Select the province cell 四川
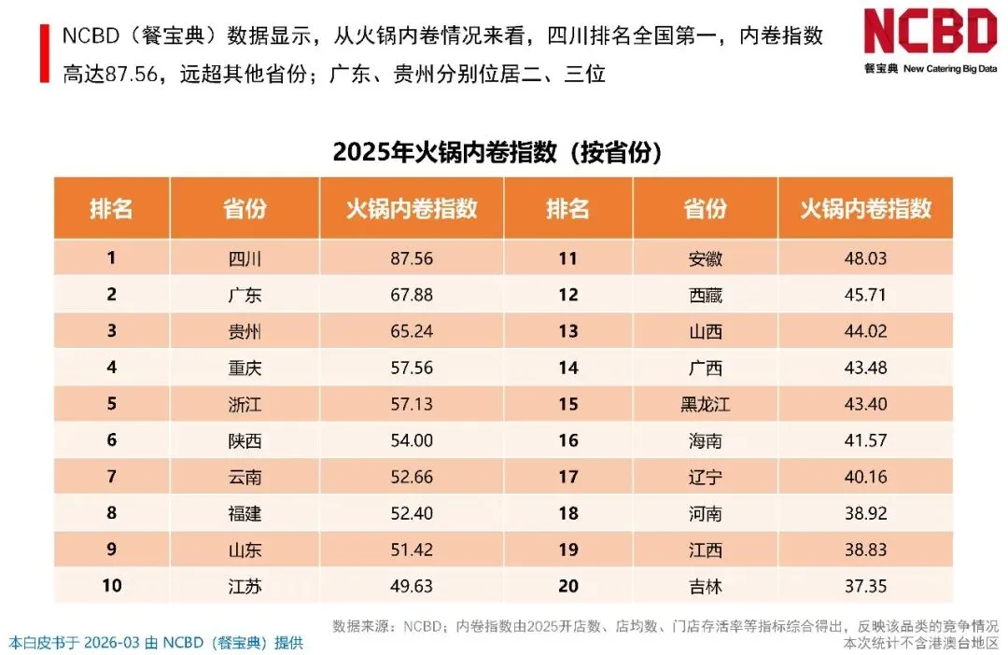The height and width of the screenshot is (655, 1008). tap(245, 258)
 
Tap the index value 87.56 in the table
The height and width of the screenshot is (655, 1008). tap(412, 258)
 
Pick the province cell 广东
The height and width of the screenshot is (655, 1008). tap(245, 295)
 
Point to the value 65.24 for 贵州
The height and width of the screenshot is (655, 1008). tap(412, 331)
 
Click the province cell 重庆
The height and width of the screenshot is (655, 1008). tap(245, 368)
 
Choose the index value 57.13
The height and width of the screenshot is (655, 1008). tap(412, 404)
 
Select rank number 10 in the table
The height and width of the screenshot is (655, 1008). tap(112, 586)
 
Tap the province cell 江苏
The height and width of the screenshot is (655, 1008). tap(245, 586)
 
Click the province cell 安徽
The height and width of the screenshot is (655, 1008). tap(706, 258)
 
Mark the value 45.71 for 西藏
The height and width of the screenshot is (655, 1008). tap(865, 295)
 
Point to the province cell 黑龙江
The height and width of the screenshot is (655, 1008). tap(706, 404)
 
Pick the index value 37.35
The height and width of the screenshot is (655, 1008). tap(865, 586)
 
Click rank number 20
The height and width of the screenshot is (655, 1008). tap(568, 586)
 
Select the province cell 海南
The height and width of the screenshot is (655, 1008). tap(706, 441)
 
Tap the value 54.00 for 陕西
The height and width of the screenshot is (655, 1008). tap(412, 440)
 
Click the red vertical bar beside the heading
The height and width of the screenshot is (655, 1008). tap(45, 53)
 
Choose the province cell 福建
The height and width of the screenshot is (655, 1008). tap(245, 513)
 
